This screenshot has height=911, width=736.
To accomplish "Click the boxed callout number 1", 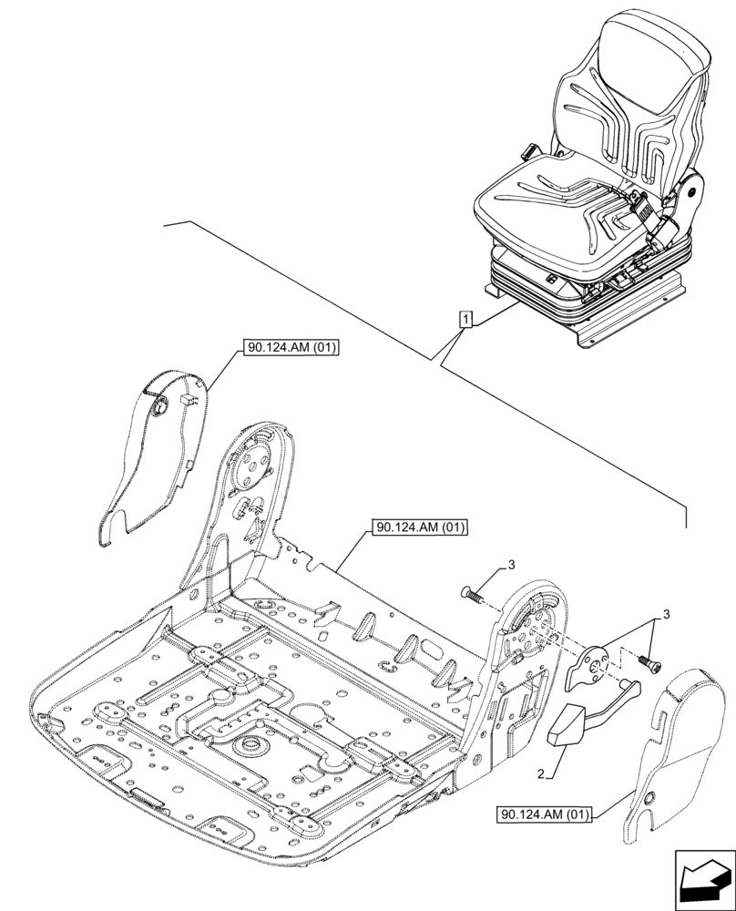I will pos(465,320).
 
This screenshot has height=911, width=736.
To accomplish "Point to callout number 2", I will pos(542,774).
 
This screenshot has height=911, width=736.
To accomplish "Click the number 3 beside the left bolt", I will pos(512,566).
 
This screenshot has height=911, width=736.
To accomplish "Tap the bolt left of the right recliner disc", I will pos(472,592).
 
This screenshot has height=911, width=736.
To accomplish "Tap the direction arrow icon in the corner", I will pos(703,881).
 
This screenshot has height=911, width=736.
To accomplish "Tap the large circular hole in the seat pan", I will pos(246,749).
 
